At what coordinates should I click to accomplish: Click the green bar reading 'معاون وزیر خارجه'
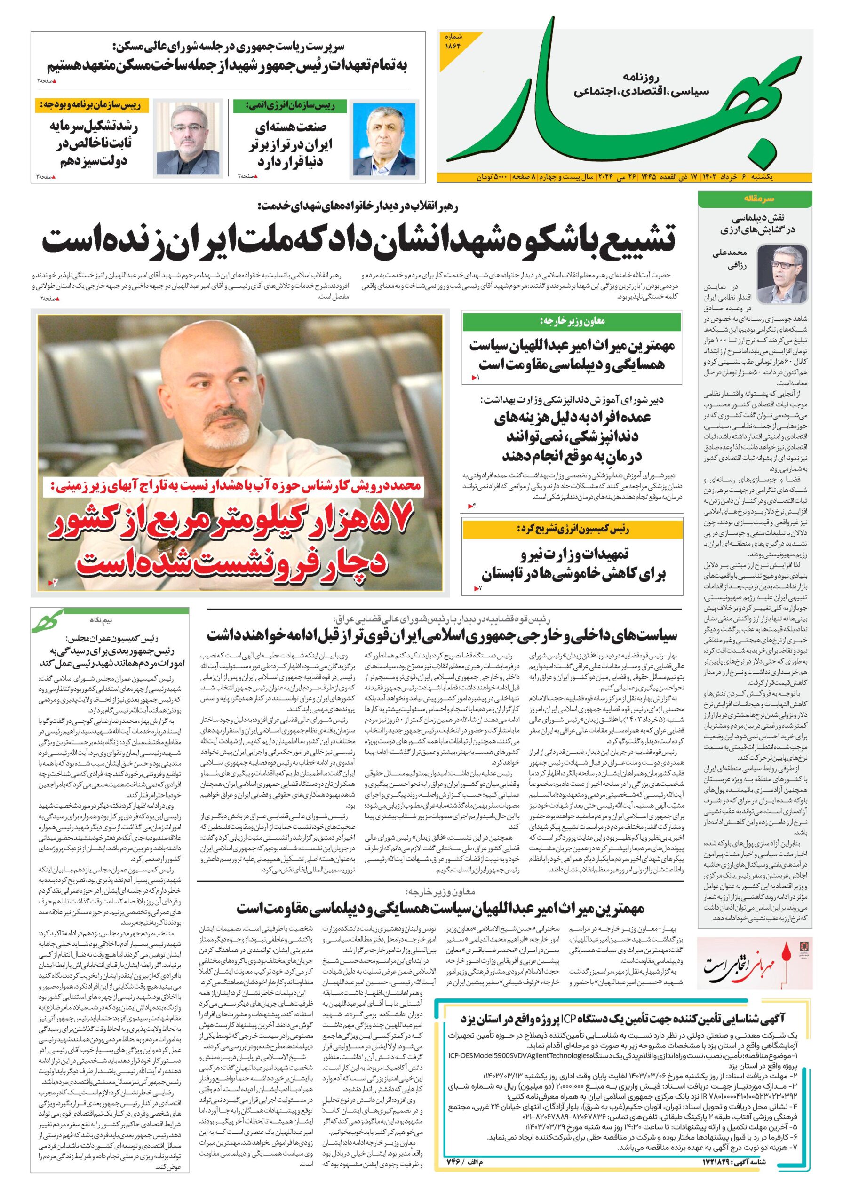pos(572,321)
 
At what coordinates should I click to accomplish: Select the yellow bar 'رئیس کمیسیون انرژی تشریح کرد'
pos(572,529)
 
